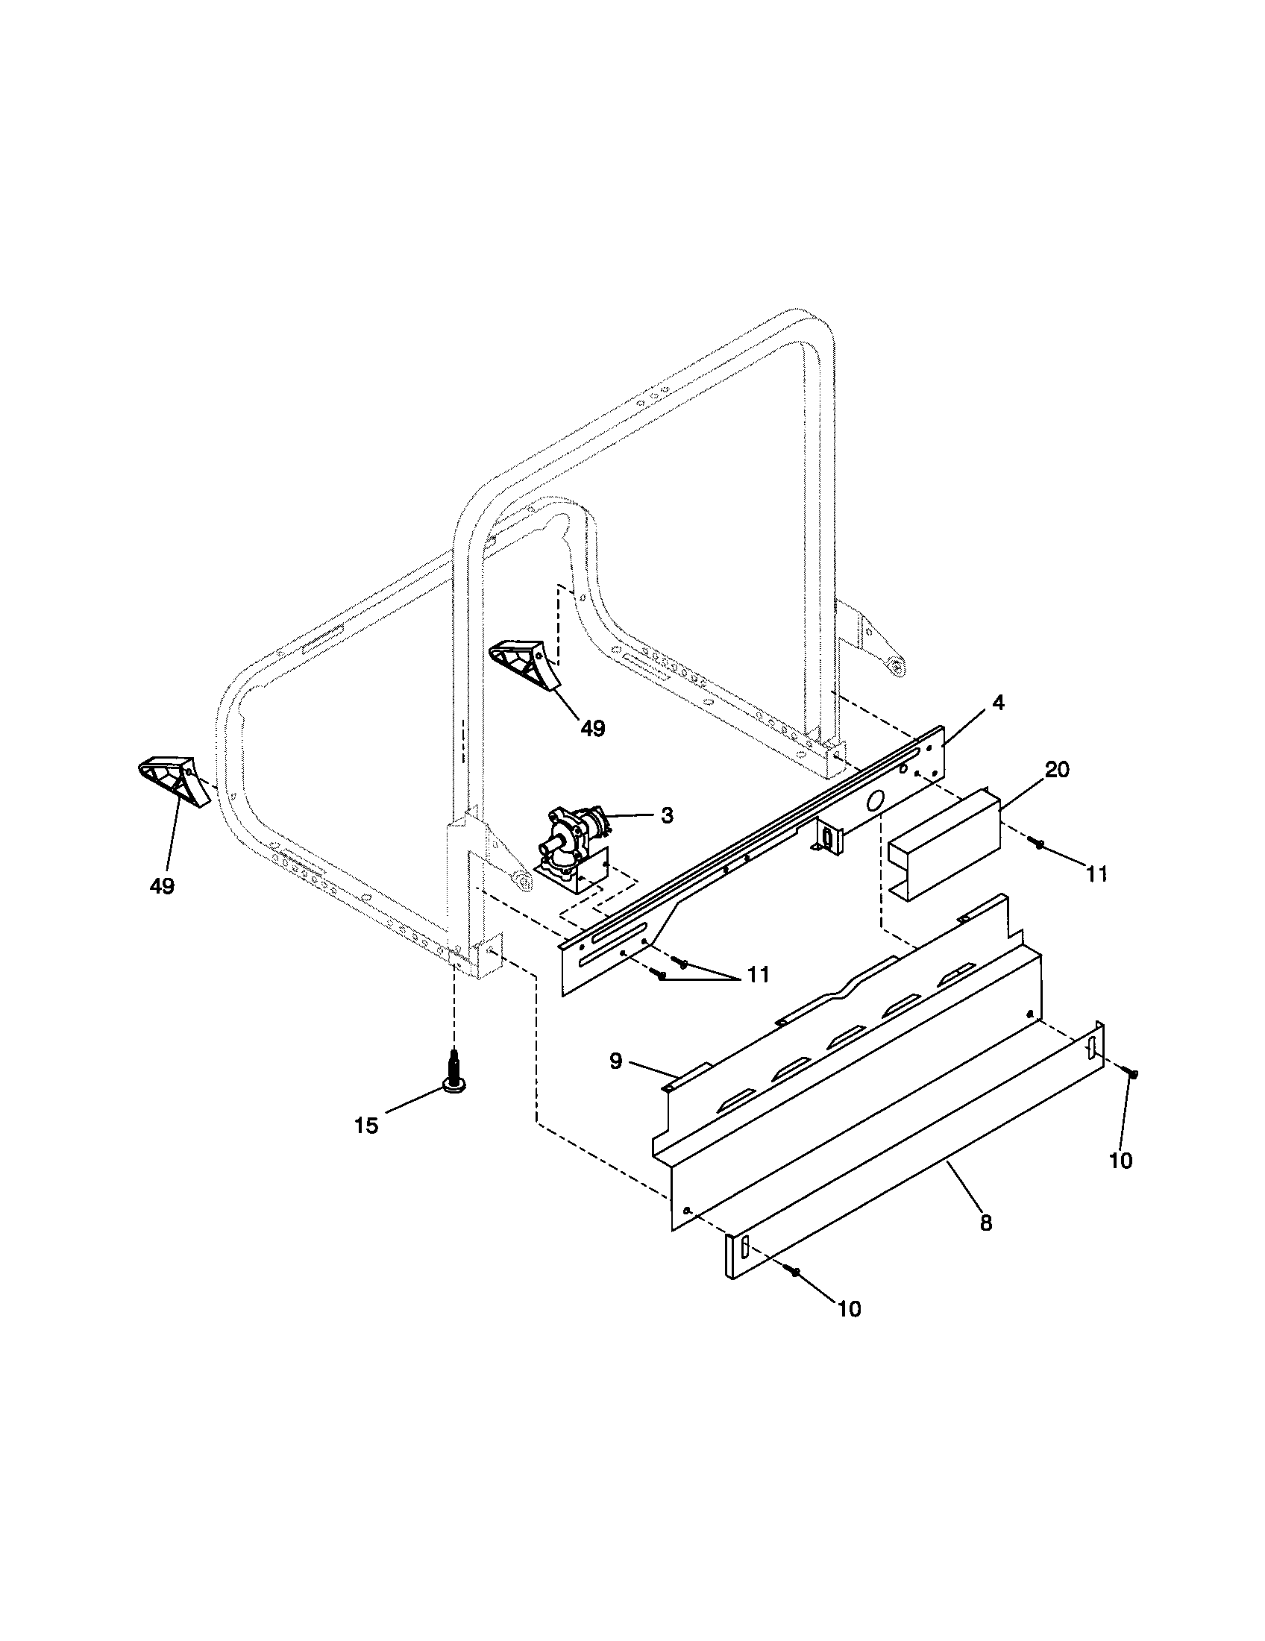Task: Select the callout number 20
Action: (1057, 771)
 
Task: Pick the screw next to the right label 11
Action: (1038, 846)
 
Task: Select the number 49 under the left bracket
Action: (162, 886)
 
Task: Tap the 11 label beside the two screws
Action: (757, 975)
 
